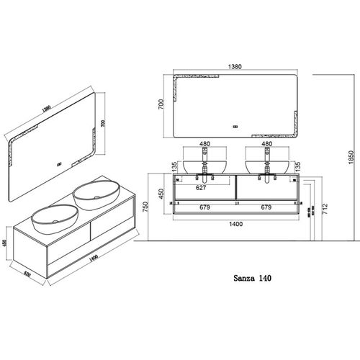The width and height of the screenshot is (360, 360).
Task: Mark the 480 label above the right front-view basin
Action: point(267,144)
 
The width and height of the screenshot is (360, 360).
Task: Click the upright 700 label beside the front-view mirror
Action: point(163,104)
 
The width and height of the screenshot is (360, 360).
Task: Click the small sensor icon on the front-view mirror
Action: point(236,130)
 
